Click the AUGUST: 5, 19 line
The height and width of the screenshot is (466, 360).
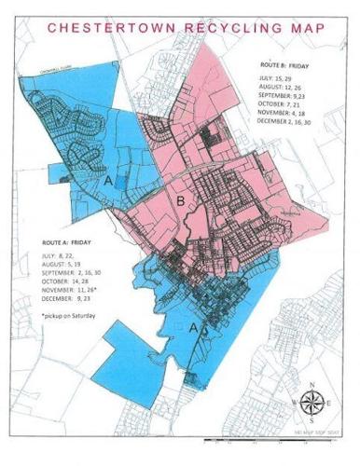pyautogui.click(x=62, y=264)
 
